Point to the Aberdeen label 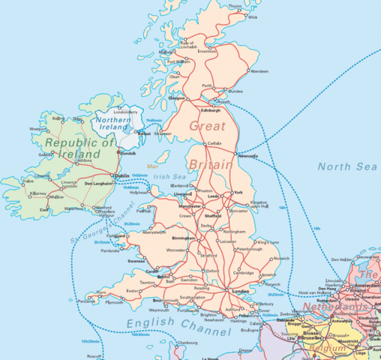(x=259, y=71)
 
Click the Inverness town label (x=208, y=52)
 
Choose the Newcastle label (x=247, y=156)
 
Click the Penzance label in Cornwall (x=87, y=301)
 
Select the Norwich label (x=281, y=258)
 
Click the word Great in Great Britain (x=206, y=126)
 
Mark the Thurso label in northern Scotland (x=235, y=6)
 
